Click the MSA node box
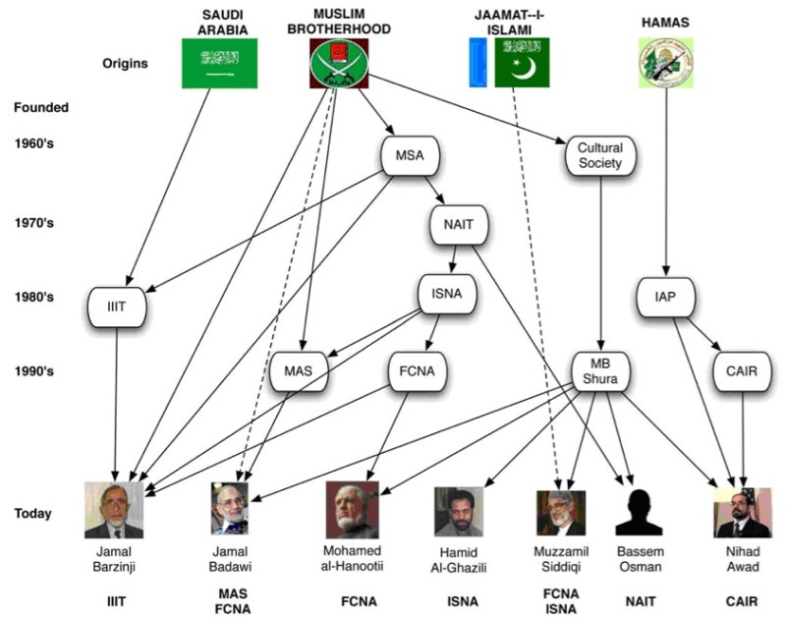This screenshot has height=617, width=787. pos(409,156)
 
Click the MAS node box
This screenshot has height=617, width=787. pos(298,371)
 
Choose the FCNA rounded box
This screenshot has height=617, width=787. pos(417,371)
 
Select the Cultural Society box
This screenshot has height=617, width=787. pos(599,156)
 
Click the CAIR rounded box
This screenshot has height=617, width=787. pos(742,371)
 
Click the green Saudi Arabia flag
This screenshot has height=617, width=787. pos(219,64)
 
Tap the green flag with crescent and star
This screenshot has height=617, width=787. pos(522,63)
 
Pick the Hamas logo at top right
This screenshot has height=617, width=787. pos(665,62)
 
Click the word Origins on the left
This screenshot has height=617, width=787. pos(126,64)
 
